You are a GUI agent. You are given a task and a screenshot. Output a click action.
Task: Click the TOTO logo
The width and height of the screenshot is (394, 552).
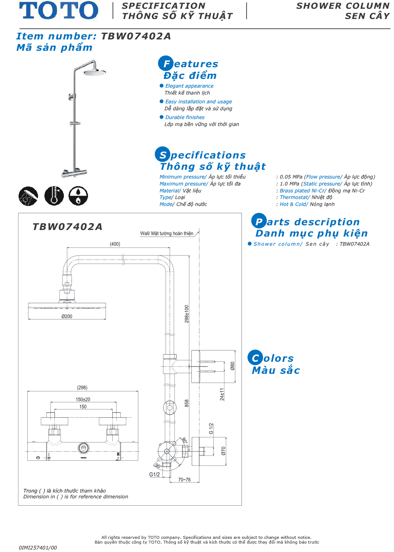pos(58,10)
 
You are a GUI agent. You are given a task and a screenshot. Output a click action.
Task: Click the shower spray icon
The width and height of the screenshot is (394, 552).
pos(28,196)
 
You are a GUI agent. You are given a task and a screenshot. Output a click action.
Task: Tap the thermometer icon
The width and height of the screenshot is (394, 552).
pos(54,196)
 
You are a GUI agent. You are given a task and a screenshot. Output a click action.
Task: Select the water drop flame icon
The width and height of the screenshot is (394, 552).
pos(78,196)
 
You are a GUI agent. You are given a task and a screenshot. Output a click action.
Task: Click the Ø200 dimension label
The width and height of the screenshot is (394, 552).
pos(67,317)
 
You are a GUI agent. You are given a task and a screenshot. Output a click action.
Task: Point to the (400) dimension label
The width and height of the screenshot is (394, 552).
pos(115,244)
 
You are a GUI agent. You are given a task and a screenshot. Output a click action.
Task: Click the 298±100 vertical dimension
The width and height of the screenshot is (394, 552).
pos(187,314)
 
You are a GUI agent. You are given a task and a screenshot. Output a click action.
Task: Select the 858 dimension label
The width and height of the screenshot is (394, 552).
pos(187,403)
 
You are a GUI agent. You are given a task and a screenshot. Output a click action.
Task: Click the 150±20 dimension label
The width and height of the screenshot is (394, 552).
pos(83,399)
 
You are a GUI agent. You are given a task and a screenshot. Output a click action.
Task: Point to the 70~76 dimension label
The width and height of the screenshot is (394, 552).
pos(184,480)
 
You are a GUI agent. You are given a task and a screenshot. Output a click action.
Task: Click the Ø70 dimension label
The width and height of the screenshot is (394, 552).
pos(224,451)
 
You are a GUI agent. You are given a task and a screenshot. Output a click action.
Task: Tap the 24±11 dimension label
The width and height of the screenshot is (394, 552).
pos(222,394)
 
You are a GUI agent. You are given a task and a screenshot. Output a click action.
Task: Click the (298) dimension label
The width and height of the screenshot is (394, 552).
pos(82,388)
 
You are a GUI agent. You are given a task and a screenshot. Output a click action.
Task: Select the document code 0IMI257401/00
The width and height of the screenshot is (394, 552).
pos(38,548)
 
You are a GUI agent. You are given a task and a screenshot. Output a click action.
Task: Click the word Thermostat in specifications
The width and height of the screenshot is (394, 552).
pos(294,198)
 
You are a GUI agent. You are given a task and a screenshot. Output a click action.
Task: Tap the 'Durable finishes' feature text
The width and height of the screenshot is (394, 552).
pos(185,117)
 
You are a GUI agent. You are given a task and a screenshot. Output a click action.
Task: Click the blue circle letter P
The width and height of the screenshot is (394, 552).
pos(259,221)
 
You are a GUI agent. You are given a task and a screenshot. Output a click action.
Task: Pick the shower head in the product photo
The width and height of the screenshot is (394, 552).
pos(95,72)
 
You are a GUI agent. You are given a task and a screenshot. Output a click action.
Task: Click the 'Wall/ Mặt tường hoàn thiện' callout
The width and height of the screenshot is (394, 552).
pos(167,233)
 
